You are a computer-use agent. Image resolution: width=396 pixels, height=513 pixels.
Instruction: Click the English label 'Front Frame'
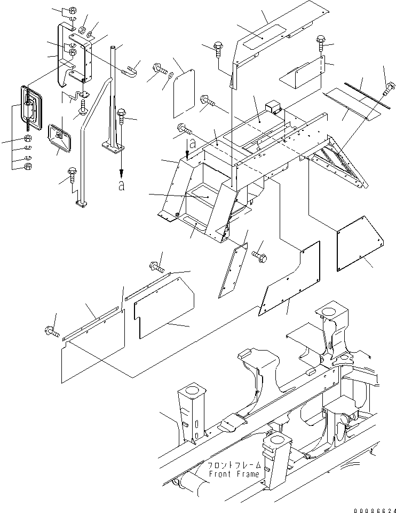tap(234, 474)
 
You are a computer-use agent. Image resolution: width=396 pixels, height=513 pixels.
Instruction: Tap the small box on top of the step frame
tap(275, 108)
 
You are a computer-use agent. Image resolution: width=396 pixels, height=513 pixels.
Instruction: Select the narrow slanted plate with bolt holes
tap(233, 270)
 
